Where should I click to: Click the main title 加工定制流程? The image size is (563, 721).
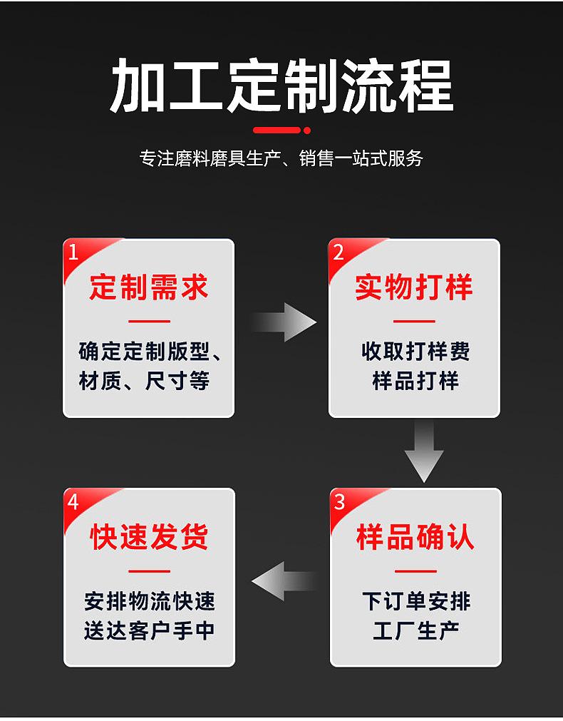click(x=281, y=86)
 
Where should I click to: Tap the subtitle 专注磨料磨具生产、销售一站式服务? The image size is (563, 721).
click(x=281, y=158)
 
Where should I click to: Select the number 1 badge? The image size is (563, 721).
click(x=73, y=252)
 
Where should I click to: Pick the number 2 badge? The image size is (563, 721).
click(x=339, y=252)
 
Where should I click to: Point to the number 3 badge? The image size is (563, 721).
click(x=339, y=501)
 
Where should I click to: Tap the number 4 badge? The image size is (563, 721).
click(x=73, y=501)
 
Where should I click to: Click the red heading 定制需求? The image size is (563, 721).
click(x=149, y=287)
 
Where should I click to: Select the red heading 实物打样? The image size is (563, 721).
click(x=414, y=287)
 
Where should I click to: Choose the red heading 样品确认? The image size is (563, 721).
click(x=415, y=537)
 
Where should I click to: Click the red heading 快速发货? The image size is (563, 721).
click(x=149, y=537)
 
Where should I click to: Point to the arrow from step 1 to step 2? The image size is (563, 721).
click(x=284, y=322)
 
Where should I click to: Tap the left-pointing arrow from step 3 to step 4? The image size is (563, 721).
click(x=283, y=581)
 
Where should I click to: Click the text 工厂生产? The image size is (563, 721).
click(x=415, y=630)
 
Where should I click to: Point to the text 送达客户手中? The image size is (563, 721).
click(x=149, y=630)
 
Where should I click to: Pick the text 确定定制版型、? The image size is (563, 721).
click(x=150, y=352)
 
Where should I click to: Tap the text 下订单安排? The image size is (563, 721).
click(x=415, y=601)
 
